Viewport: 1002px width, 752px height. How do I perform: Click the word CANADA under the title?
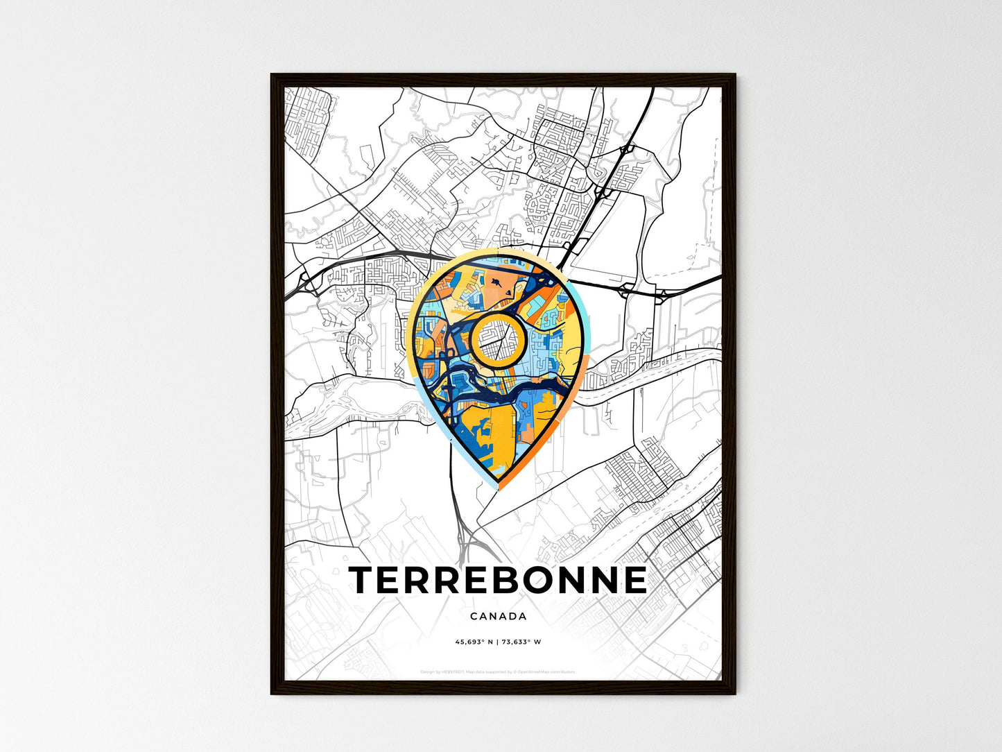click(498, 616)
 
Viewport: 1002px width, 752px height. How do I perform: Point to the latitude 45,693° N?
click(474, 642)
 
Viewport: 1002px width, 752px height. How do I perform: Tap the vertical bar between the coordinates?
click(498, 642)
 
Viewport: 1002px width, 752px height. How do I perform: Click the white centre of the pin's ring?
click(496, 340)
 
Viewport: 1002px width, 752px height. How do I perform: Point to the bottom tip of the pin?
click(498, 488)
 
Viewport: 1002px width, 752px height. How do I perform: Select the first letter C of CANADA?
click(473, 616)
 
